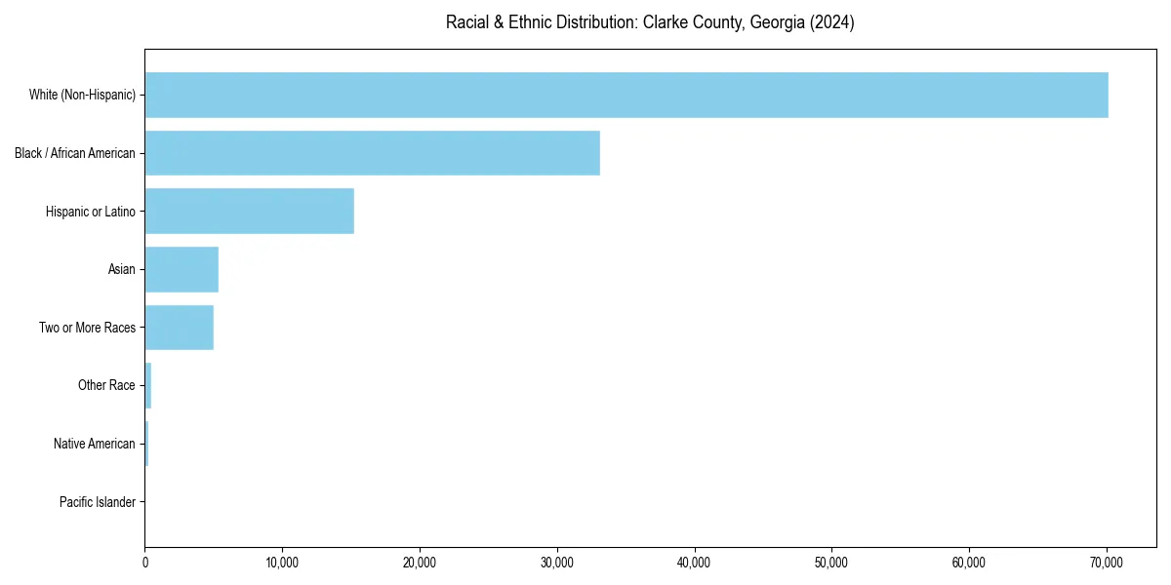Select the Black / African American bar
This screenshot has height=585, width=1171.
[372, 153]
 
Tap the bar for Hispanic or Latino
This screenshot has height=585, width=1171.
[249, 212]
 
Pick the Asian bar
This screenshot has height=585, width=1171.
[182, 270]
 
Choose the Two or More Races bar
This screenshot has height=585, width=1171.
[179, 328]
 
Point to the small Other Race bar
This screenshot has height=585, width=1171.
[148, 386]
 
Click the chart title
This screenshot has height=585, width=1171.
[650, 22]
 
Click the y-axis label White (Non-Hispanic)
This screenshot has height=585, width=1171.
[82, 95]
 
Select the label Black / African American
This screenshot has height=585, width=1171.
[75, 153]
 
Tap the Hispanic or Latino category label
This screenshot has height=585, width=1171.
[91, 212]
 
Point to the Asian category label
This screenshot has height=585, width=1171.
[122, 270]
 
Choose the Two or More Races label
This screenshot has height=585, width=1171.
[87, 328]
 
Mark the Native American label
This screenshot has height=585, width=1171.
[95, 445]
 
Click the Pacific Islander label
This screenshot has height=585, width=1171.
[98, 503]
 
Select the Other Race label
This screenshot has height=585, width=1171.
[106, 386]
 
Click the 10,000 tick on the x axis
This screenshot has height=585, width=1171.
[282, 563]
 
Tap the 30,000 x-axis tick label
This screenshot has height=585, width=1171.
[557, 563]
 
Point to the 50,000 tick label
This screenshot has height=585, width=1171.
[831, 563]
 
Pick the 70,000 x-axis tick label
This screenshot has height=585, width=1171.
[1107, 563]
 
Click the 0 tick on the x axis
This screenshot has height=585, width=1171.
[145, 563]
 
